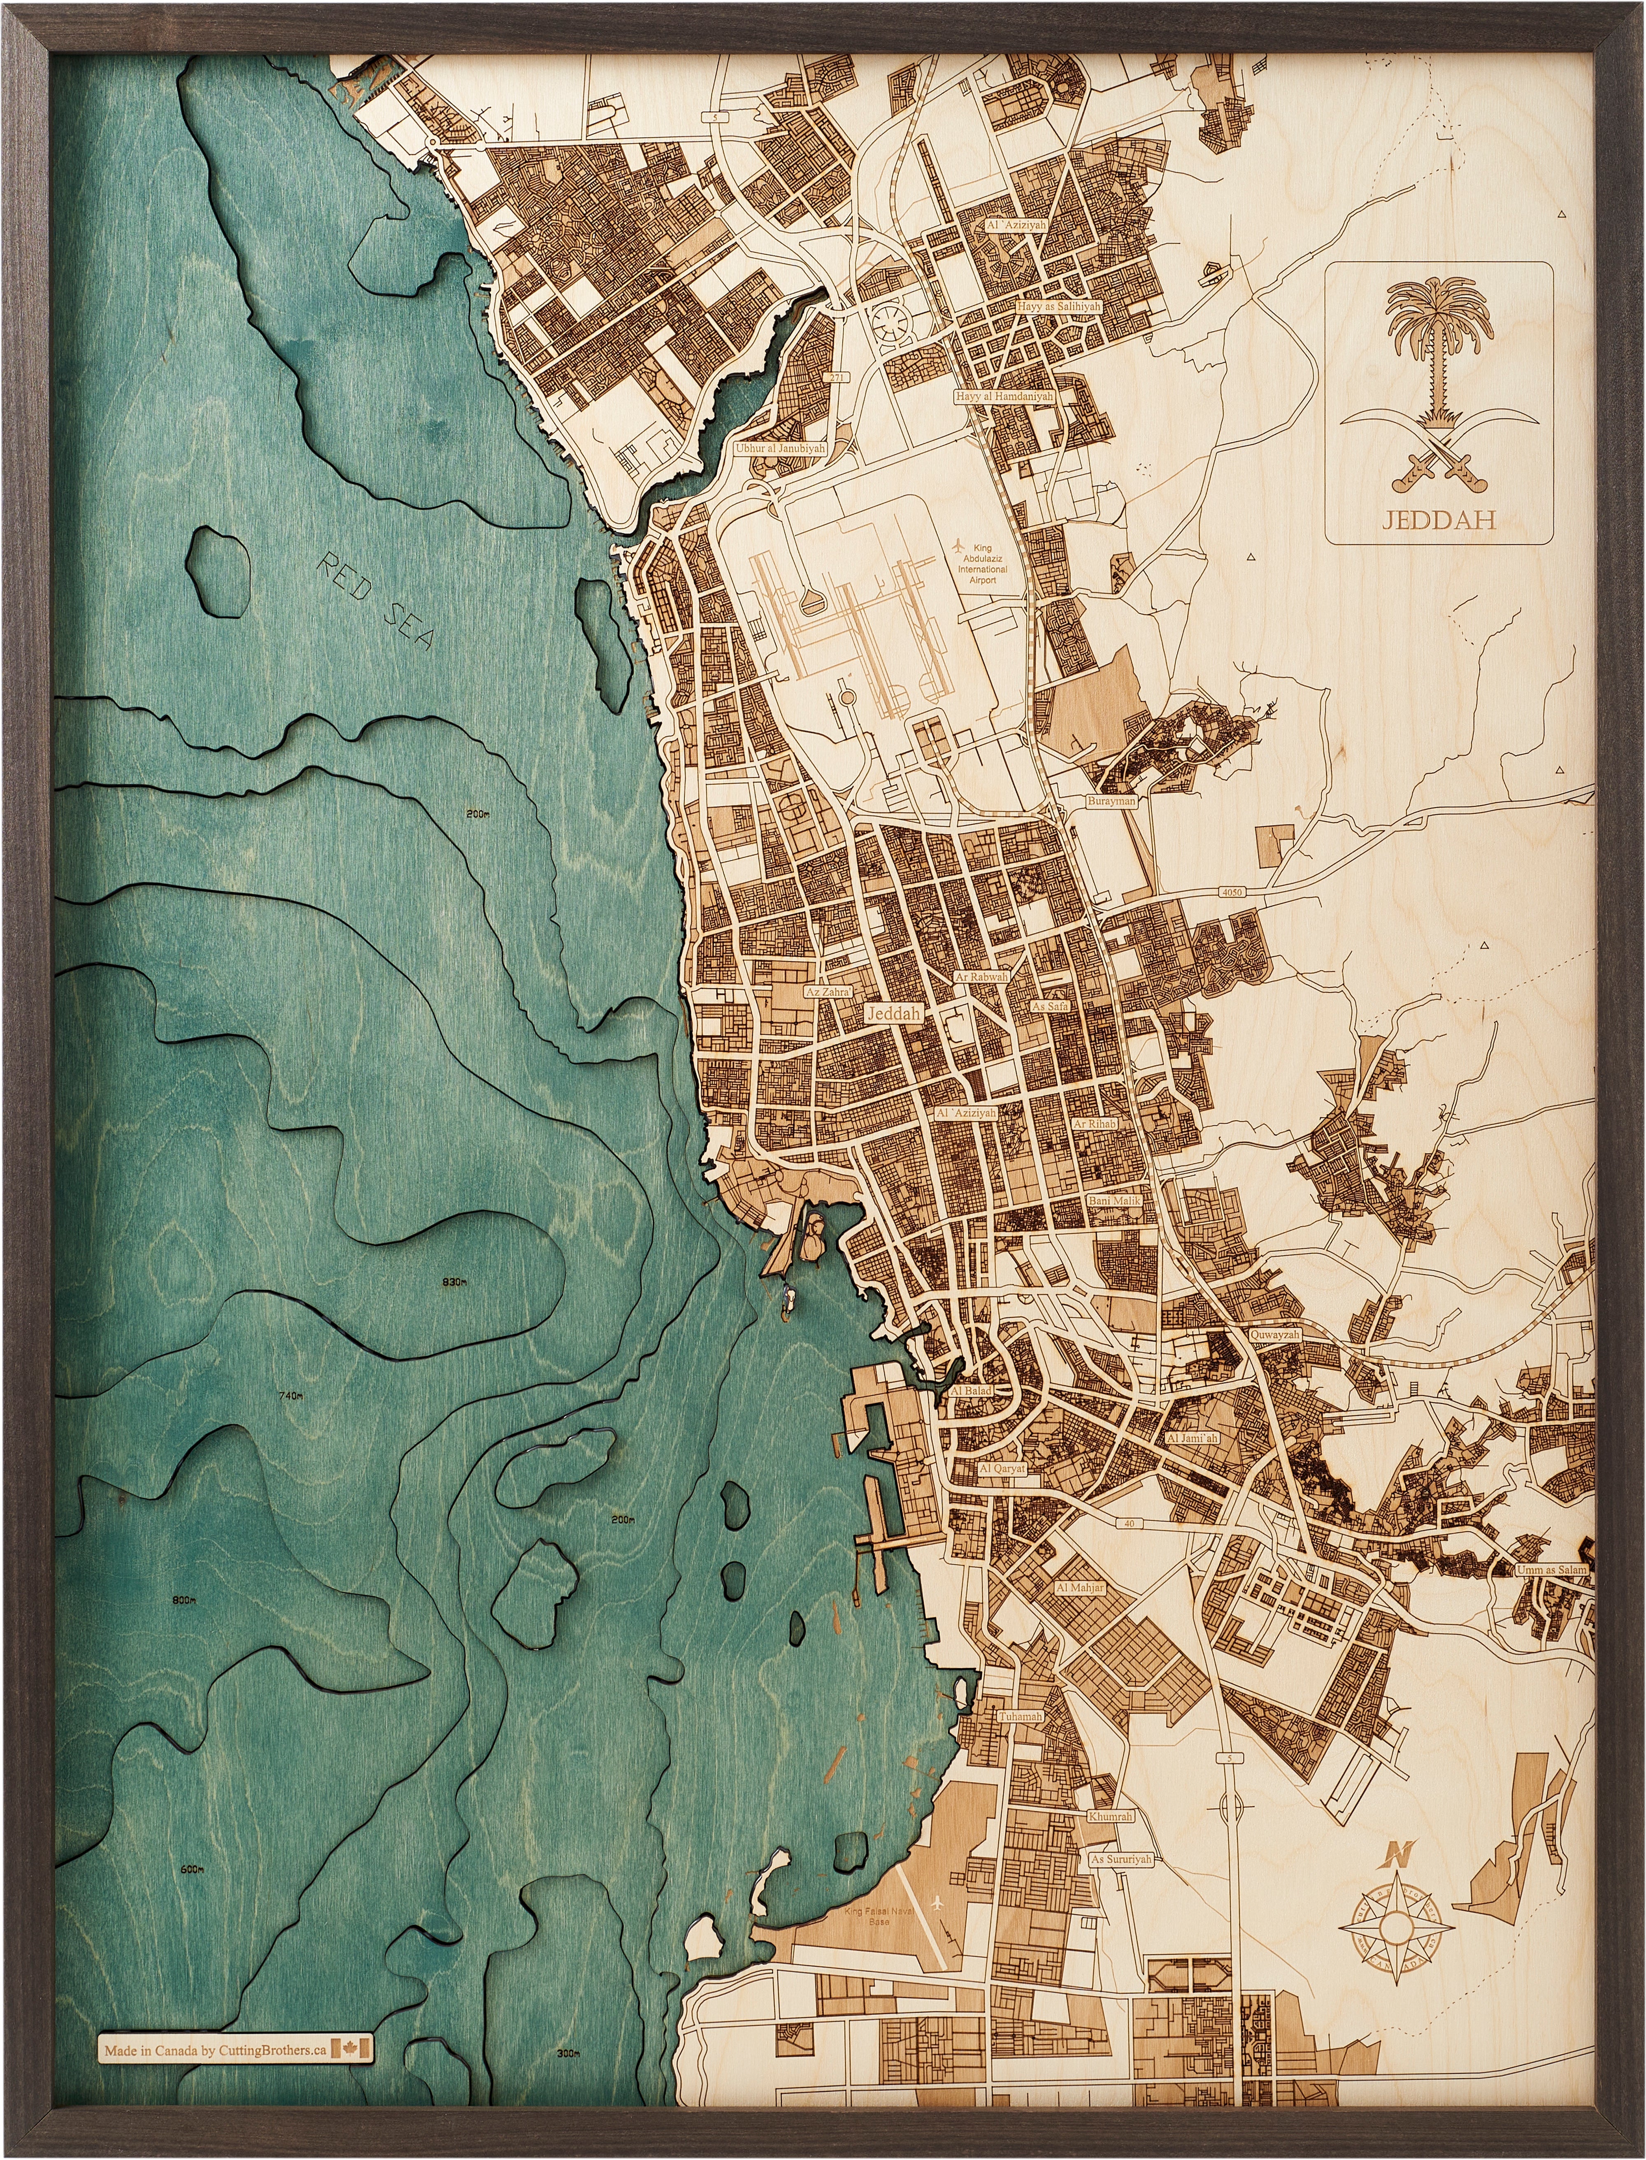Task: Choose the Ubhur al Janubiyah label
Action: coord(781,448)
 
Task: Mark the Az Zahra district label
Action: coord(826,992)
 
